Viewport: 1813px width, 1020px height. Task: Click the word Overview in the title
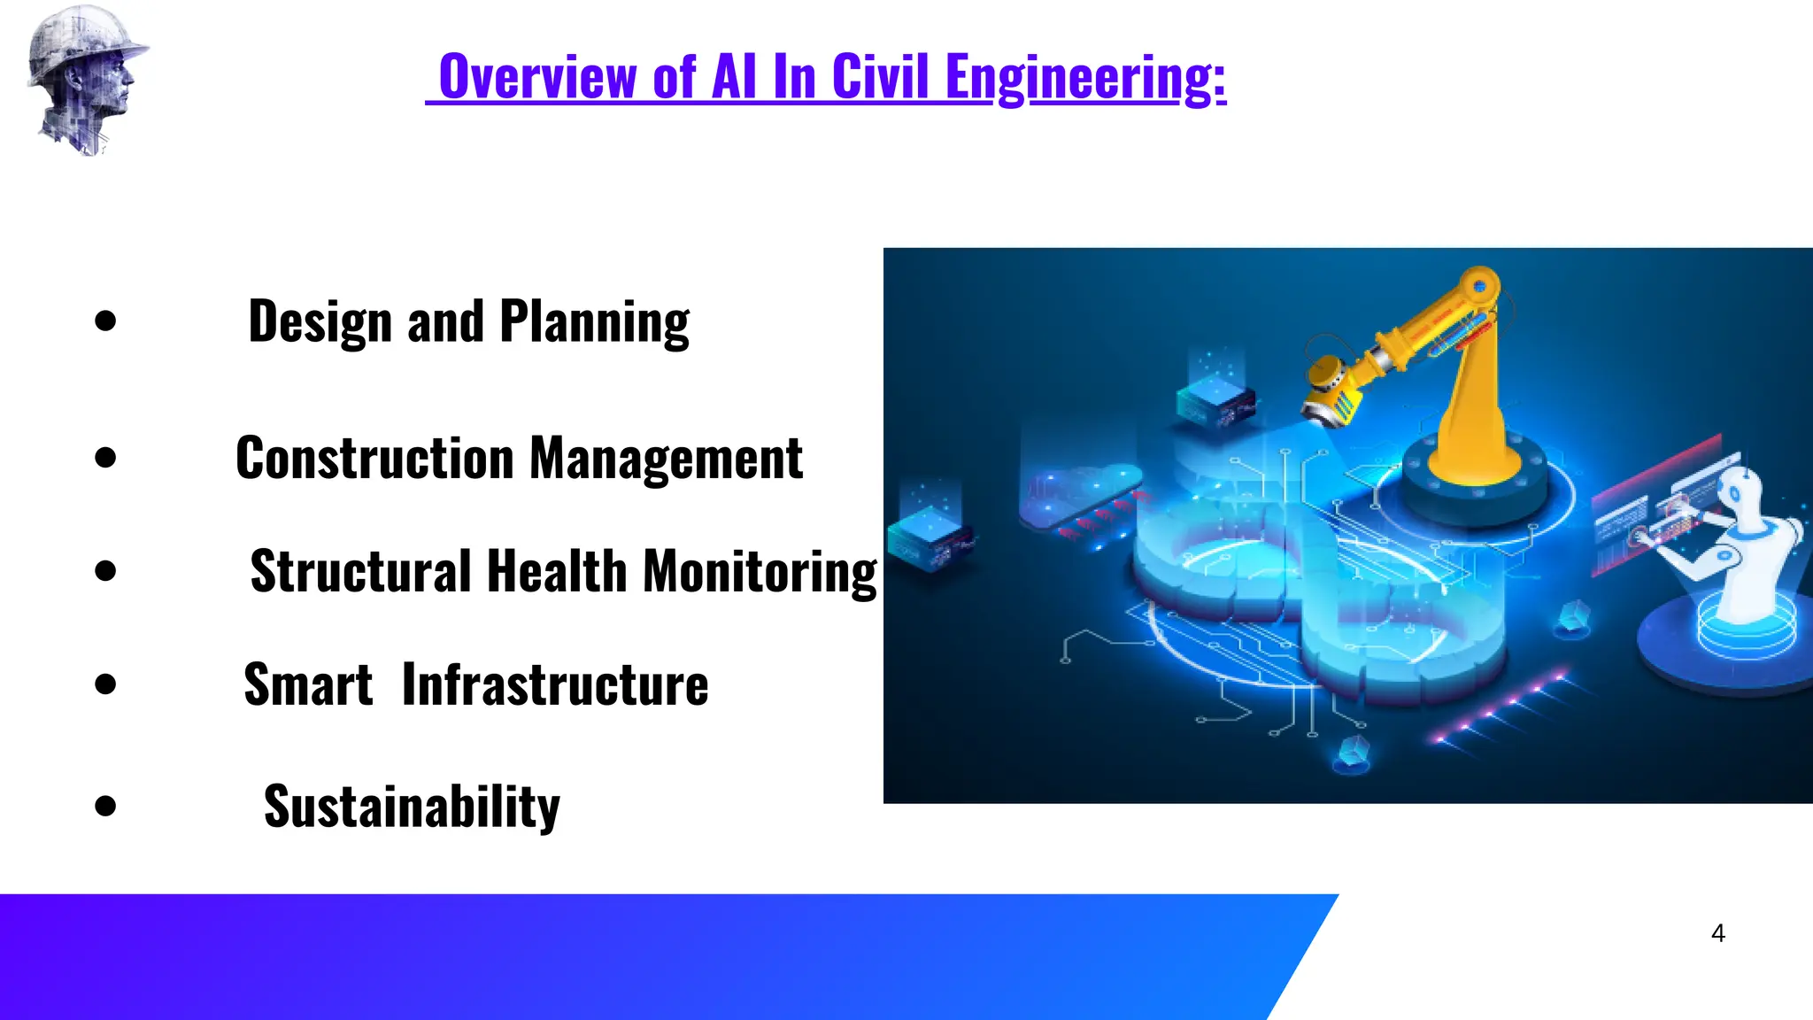tap(536, 78)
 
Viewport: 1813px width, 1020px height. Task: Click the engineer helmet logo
tap(86, 80)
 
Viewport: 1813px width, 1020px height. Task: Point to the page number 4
tap(1717, 933)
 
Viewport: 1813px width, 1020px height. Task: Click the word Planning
tap(594, 322)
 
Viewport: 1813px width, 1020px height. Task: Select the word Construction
tap(374, 459)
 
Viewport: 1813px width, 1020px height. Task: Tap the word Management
tap(666, 459)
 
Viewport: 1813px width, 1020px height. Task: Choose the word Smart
tap(308, 684)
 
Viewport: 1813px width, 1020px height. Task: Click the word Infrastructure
tap(555, 684)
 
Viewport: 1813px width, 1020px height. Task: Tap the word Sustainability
tap(412, 807)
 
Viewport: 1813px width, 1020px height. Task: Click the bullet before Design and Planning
tap(105, 321)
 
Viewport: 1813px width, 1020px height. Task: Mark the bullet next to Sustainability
tap(105, 806)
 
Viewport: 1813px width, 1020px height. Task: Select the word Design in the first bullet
tap(320, 322)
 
